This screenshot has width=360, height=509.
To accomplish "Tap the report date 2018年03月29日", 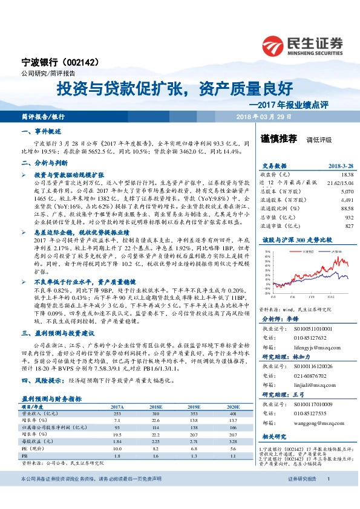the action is [264, 115].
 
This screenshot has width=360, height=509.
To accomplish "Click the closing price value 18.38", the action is [347, 173].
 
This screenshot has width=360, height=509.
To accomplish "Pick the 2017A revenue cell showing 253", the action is [118, 413].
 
